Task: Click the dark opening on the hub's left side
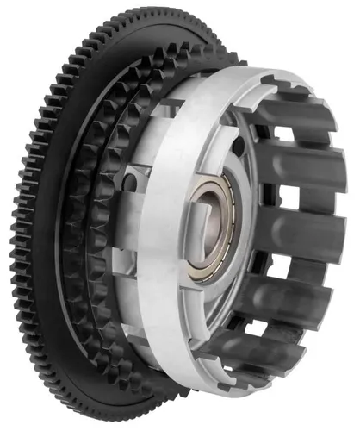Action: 129,182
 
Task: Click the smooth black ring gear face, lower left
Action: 52,293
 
